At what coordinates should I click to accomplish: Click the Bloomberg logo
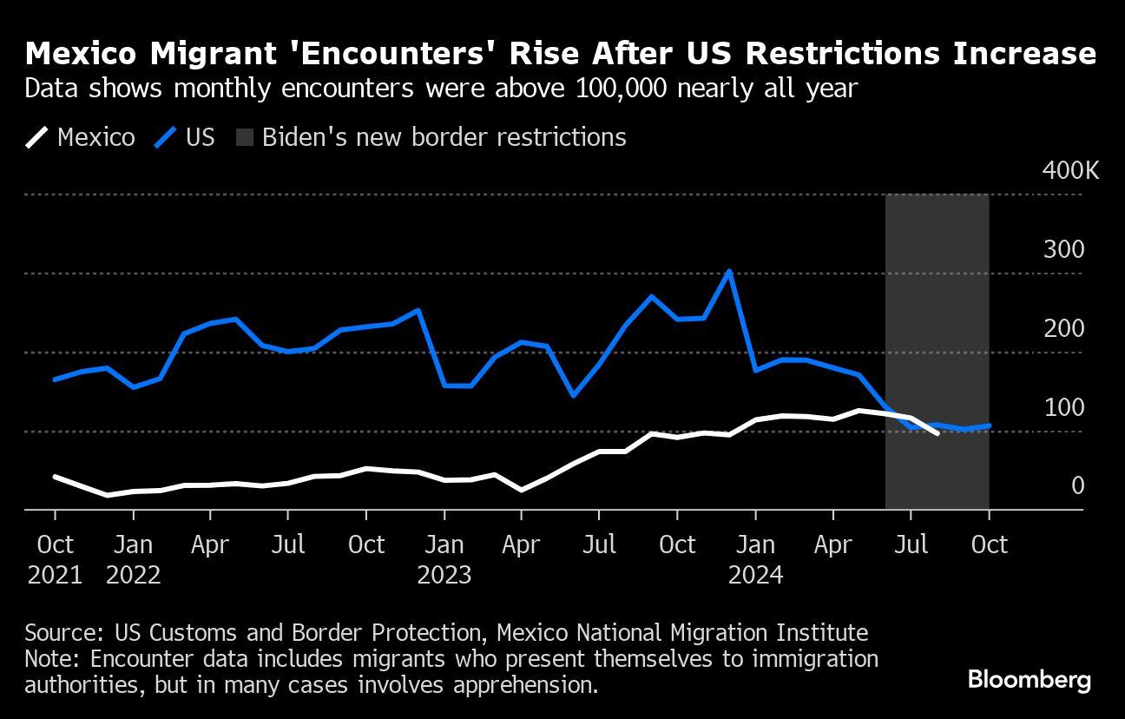coord(1029,679)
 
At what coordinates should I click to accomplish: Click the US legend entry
coord(185,137)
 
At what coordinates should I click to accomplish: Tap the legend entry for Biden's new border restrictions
coord(431,137)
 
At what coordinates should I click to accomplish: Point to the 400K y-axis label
coord(1069,170)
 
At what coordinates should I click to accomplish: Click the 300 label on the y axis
coord(1063,250)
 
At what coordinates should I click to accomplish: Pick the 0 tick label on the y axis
coord(1077,485)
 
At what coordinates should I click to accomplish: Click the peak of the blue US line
coord(729,271)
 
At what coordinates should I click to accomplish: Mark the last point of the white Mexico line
coord(937,432)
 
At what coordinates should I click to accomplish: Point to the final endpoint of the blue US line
coord(990,425)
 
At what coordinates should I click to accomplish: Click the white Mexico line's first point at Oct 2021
coord(55,477)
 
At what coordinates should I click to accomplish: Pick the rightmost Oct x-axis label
coord(989,544)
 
